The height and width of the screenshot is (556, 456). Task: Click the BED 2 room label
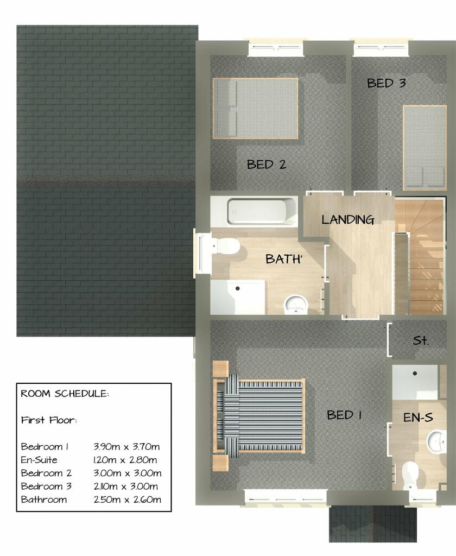pos(266,164)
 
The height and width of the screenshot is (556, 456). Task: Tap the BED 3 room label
pos(387,83)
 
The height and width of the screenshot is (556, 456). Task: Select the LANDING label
pos(347,220)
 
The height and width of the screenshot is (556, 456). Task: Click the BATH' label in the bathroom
pos(283,260)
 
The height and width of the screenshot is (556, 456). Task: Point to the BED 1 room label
pos(344,415)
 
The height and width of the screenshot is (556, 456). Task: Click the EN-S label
pos(417,418)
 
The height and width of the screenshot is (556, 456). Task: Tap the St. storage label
pos(421,341)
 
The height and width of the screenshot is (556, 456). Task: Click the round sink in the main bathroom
pos(296,304)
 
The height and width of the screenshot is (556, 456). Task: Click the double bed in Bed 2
pos(255,108)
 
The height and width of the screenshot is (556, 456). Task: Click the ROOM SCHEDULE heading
pos(65,394)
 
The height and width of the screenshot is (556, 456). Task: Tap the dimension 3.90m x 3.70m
pos(127,447)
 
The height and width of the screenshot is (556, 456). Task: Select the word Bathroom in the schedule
pos(44,499)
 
